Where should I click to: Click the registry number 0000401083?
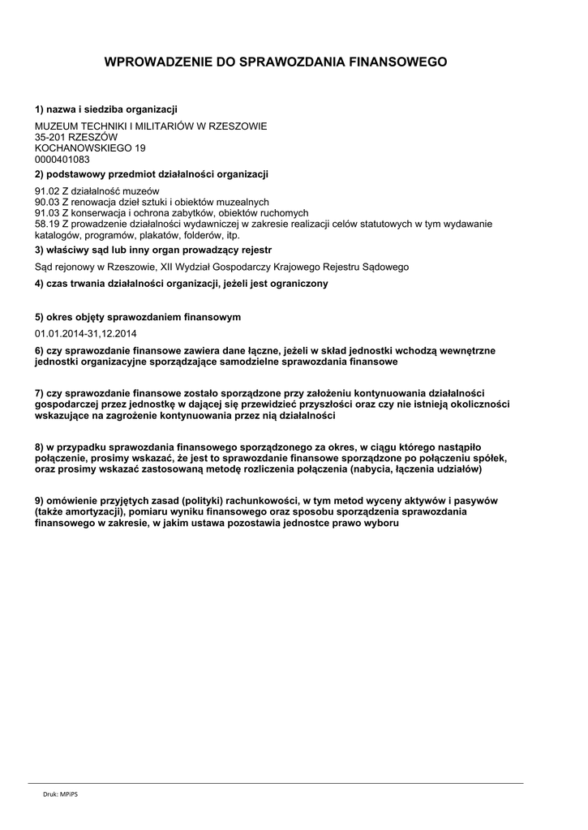[x=62, y=159]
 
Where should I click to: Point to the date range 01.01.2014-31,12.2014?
[x=86, y=333]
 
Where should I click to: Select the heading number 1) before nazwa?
[x=39, y=109]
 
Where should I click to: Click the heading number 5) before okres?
[x=39, y=317]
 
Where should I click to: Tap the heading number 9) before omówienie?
[x=39, y=502]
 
